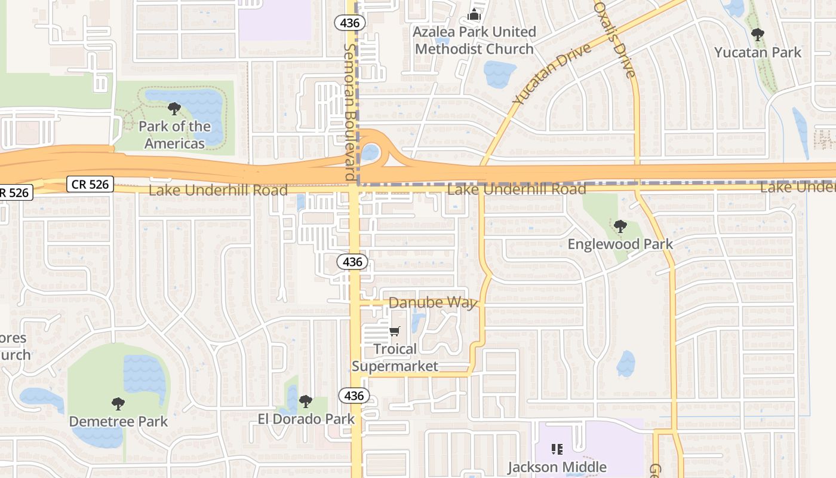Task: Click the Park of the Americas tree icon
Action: [174, 109]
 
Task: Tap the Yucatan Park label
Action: [758, 53]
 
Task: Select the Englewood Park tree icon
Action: [620, 226]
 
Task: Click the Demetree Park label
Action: [118, 421]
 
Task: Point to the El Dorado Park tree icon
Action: [306, 402]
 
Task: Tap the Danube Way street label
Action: [432, 303]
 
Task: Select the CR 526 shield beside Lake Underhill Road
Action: [90, 184]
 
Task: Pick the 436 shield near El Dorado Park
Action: [354, 396]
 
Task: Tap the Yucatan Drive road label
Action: [551, 73]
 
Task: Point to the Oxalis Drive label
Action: [614, 39]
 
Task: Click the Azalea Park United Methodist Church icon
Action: [475, 14]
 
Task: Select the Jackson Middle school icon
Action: [557, 449]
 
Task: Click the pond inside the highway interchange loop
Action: [370, 152]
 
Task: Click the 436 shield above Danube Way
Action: [352, 262]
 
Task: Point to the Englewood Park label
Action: [620, 244]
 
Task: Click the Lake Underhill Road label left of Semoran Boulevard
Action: [218, 191]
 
